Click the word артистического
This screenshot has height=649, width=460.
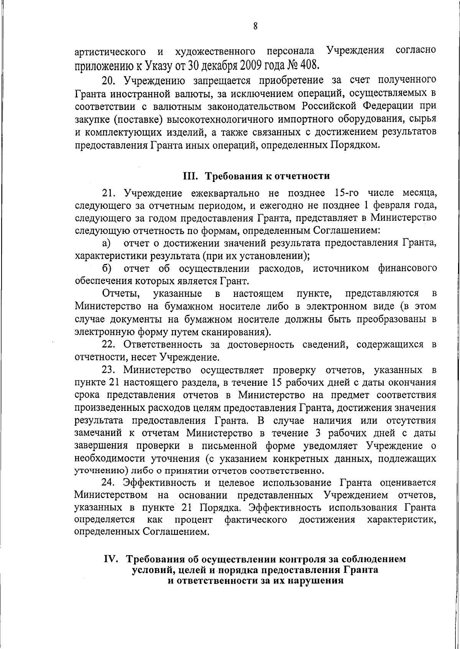point(110,51)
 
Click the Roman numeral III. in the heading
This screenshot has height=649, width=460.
point(190,176)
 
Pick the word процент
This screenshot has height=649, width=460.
point(194,520)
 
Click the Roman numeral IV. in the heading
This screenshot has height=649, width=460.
point(113,559)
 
